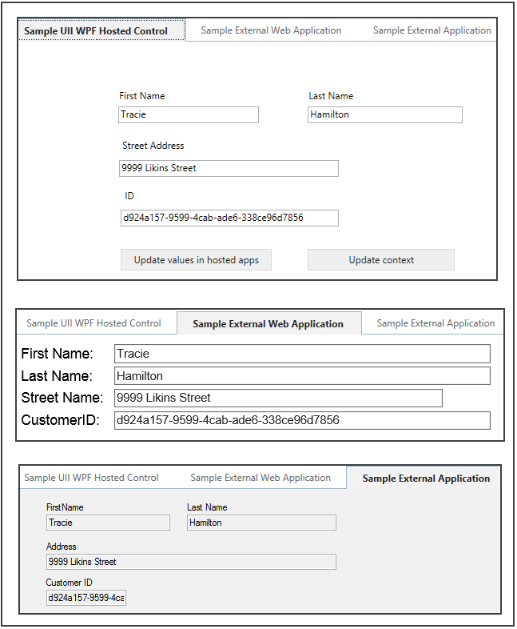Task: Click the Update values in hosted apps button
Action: click(196, 260)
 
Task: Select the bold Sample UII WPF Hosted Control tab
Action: click(96, 31)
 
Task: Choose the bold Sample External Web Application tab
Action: click(268, 324)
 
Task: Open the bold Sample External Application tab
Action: click(426, 479)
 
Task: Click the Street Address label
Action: click(153, 146)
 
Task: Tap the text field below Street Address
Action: click(229, 168)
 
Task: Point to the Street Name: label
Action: click(62, 398)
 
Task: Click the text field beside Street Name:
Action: click(277, 398)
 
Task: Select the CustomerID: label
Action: click(60, 419)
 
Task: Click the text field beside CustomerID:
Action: click(301, 420)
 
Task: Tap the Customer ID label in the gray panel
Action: click(69, 583)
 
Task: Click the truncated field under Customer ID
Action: click(86, 598)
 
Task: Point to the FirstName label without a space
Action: click(65, 507)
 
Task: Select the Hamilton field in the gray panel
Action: click(261, 523)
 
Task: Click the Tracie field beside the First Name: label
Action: click(301, 354)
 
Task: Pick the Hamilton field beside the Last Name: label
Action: click(301, 376)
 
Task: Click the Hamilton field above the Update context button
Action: click(384, 114)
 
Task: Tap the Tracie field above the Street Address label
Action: click(189, 114)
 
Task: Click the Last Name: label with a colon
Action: click(57, 376)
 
